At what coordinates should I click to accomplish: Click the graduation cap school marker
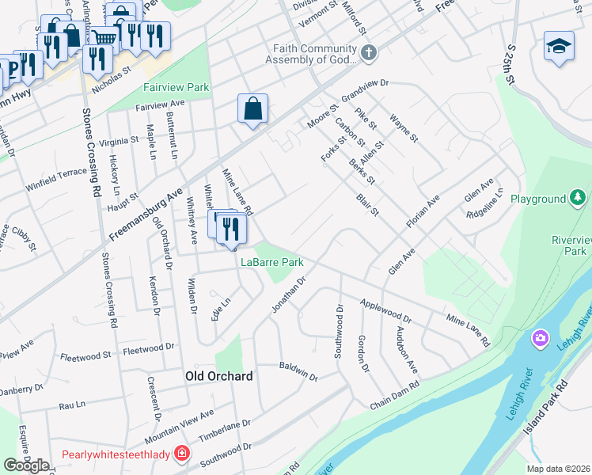[x=559, y=46]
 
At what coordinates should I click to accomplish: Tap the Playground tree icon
[x=579, y=198]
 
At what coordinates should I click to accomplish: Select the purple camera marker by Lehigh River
[x=541, y=338]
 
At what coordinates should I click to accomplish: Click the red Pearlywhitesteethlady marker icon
[x=183, y=454]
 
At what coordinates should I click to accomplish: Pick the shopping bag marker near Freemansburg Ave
[x=252, y=108]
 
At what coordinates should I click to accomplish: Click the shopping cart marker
[x=103, y=38]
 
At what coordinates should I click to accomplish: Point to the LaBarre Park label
[x=272, y=262]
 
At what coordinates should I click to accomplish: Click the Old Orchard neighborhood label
[x=218, y=376]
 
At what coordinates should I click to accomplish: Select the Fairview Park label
[x=176, y=88]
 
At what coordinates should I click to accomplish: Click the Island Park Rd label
[x=545, y=408]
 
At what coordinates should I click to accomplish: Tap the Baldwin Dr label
[x=298, y=370]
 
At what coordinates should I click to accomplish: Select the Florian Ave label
[x=423, y=212]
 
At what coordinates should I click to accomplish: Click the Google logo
[x=27, y=465]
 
